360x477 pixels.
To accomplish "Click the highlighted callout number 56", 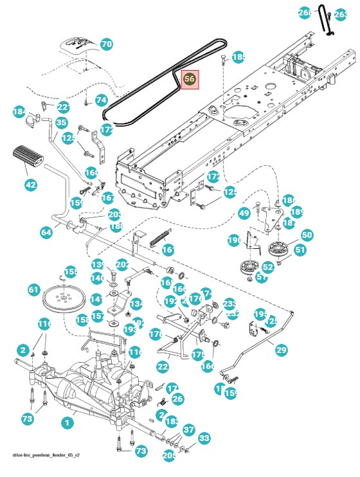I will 190,79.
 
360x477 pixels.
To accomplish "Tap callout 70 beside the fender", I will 106,44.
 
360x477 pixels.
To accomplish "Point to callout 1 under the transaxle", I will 65,423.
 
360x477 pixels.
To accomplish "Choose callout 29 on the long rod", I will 282,350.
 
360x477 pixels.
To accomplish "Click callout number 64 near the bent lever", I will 46,232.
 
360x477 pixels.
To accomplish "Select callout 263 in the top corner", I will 341,14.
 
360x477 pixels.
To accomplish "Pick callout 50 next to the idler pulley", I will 307,235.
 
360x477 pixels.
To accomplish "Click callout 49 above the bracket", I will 244,213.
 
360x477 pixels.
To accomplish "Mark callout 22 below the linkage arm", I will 163,366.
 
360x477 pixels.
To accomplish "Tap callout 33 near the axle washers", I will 204,438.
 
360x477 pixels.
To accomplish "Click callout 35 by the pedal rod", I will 61,122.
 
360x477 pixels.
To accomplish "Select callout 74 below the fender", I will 101,100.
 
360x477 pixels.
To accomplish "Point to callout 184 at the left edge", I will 19,112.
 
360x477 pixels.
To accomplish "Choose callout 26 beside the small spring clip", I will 177,399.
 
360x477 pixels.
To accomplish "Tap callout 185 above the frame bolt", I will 239,57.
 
